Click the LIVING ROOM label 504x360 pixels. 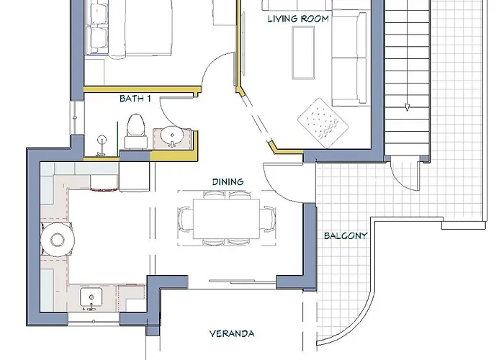pyautogui.click(x=298, y=19)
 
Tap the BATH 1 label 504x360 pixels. pyautogui.click(x=135, y=99)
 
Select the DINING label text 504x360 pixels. pyautogui.click(x=228, y=182)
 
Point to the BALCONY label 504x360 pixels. pyautogui.click(x=346, y=235)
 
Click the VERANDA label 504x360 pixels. pyautogui.click(x=232, y=333)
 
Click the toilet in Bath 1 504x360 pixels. pyautogui.click(x=135, y=131)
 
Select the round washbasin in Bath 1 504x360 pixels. pyautogui.click(x=172, y=136)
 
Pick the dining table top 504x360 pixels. pyautogui.click(x=226, y=219)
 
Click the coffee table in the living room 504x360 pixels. pyautogui.click(x=303, y=53)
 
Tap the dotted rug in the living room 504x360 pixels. pyautogui.click(x=323, y=123)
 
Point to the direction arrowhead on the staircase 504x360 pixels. pyautogui.click(x=407, y=107)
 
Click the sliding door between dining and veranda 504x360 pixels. pyautogui.click(x=243, y=282)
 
